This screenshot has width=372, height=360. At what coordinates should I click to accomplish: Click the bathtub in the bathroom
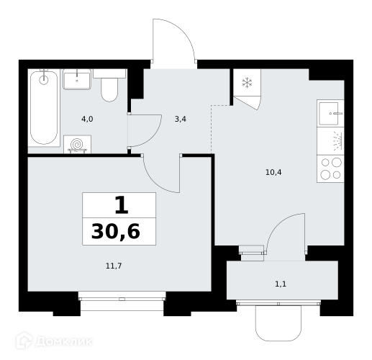coord(44,107)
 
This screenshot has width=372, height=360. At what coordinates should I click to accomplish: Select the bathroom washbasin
coord(77,79)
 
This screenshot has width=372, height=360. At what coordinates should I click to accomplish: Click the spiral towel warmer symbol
coord(77,144)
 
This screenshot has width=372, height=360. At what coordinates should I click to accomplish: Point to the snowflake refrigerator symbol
coord(247,83)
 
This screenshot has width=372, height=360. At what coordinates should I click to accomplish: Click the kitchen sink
coord(330,113)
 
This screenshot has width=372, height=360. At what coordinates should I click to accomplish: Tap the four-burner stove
coord(330,169)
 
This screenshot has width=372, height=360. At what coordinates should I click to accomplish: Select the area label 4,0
coord(87,119)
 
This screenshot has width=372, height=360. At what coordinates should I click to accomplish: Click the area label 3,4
coord(181,119)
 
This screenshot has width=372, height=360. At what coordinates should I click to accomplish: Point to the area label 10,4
coord(273,172)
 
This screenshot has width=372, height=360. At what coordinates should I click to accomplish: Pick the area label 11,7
coord(114,266)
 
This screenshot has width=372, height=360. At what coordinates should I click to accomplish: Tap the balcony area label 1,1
coord(281,284)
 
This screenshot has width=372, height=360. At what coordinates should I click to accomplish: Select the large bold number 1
coord(122,205)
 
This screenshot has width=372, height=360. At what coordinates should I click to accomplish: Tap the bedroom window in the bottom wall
coord(122,299)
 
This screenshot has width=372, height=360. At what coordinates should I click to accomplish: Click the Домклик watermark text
coord(54,341)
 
